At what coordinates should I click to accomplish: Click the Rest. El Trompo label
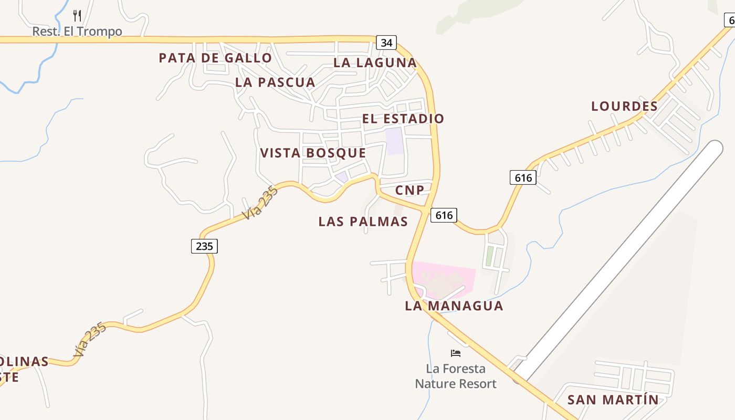(77, 31)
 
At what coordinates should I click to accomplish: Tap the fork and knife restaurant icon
(77, 15)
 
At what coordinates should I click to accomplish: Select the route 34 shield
(386, 43)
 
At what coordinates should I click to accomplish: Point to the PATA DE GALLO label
(215, 58)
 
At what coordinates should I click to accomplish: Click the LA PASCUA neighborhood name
(275, 82)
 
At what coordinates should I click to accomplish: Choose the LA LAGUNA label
(375, 62)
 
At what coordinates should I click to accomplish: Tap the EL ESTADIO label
(403, 119)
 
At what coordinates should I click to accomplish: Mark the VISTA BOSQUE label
(313, 153)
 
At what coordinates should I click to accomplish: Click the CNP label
(409, 190)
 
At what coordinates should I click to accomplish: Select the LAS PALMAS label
(363, 222)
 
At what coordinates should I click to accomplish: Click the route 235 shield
(204, 246)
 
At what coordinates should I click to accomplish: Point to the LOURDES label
(624, 106)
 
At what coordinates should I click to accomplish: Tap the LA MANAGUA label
(454, 306)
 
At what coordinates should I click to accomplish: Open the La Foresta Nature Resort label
(456, 376)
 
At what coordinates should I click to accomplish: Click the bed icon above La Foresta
(456, 353)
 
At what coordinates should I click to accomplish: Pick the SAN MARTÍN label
(613, 400)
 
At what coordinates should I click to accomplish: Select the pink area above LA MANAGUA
(446, 278)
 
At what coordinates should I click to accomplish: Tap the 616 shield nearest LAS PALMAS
(444, 215)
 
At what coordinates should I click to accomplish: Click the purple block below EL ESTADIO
(395, 141)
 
